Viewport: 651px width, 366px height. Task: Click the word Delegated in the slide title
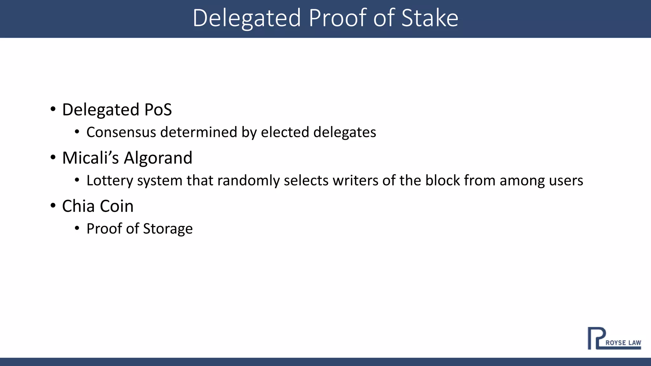point(246,18)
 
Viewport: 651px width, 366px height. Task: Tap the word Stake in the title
point(429,18)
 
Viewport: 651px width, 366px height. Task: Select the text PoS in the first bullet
point(158,110)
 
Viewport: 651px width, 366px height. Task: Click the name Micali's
point(90,158)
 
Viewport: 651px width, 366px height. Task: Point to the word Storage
point(168,229)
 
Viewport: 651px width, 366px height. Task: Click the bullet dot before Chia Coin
point(53,206)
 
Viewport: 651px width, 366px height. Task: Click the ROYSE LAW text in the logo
point(623,343)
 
